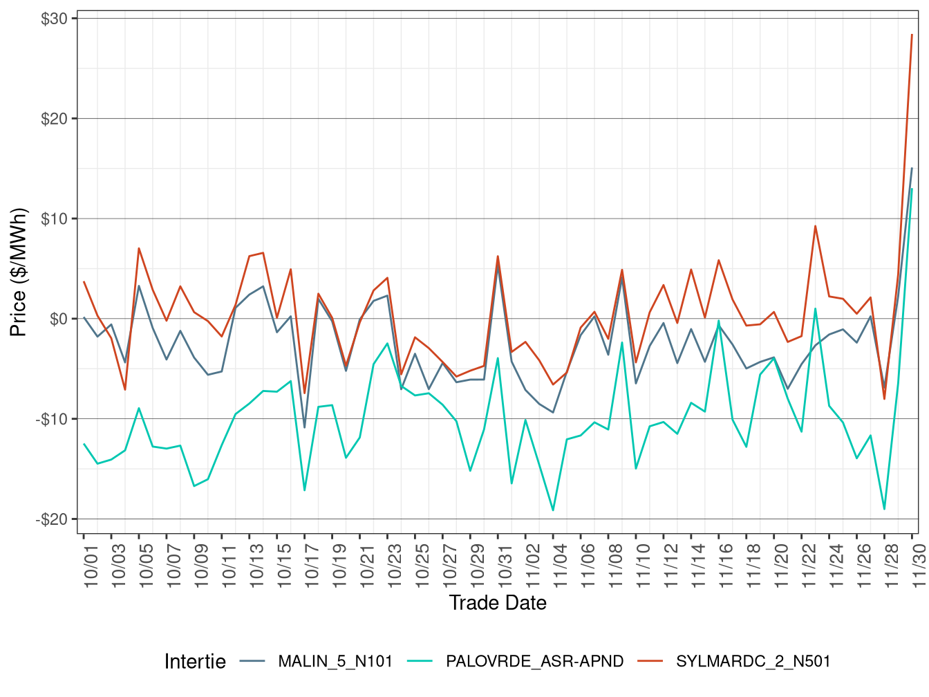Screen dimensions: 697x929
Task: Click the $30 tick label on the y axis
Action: click(x=54, y=19)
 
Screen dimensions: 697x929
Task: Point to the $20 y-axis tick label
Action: click(x=54, y=119)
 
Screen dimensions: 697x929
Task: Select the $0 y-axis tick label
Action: click(x=58, y=319)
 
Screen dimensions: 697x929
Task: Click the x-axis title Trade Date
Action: click(x=498, y=603)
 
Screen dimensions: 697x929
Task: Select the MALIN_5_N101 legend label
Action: click(x=335, y=662)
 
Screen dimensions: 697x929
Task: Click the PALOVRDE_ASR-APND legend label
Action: click(x=534, y=662)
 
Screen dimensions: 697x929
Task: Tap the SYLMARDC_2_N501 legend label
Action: click(x=753, y=662)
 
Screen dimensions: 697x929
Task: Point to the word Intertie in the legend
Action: click(x=195, y=662)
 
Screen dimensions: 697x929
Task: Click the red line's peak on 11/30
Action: click(x=912, y=35)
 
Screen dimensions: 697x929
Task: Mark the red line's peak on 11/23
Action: click(x=815, y=226)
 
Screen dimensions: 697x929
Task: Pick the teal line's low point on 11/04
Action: click(x=553, y=510)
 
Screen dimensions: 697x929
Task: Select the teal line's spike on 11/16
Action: click(x=719, y=321)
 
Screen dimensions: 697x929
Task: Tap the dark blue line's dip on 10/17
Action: click(x=305, y=427)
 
